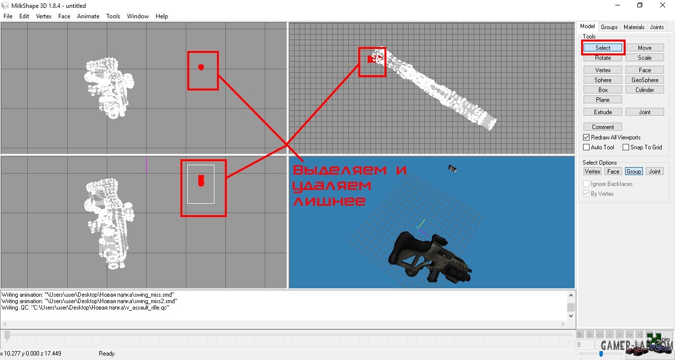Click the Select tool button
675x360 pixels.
pyautogui.click(x=603, y=47)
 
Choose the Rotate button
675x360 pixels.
pyautogui.click(x=603, y=57)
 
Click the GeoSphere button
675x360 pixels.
pyautogui.click(x=644, y=80)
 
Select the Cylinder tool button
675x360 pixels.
pyautogui.click(x=644, y=90)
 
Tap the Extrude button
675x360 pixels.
pyautogui.click(x=603, y=112)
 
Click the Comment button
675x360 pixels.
pyautogui.click(x=603, y=127)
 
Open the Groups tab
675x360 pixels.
pyautogui.click(x=609, y=27)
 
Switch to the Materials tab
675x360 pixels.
pyautogui.click(x=633, y=27)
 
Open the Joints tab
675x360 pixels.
pyautogui.click(x=657, y=27)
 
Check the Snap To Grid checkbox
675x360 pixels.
pyautogui.click(x=626, y=147)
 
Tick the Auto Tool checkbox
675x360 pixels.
pyautogui.click(x=587, y=147)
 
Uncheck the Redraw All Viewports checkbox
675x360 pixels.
pyautogui.click(x=587, y=137)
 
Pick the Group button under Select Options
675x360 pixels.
pyautogui.click(x=633, y=172)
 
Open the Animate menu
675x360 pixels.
pyautogui.click(x=88, y=16)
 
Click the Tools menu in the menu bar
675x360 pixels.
pyautogui.click(x=113, y=16)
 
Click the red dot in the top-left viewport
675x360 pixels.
pyautogui.click(x=201, y=67)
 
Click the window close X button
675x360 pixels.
pyautogui.click(x=662, y=5)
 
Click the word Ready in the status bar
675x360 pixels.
pyautogui.click(x=107, y=354)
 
